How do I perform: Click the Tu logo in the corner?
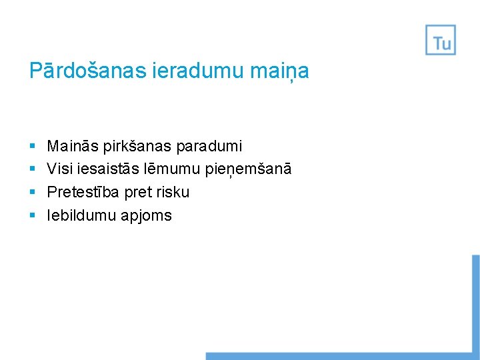tap(441, 40)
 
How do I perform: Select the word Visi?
tap(59, 169)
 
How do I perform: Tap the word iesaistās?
tap(103, 169)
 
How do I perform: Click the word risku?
tap(173, 192)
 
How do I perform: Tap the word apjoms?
tap(146, 216)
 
